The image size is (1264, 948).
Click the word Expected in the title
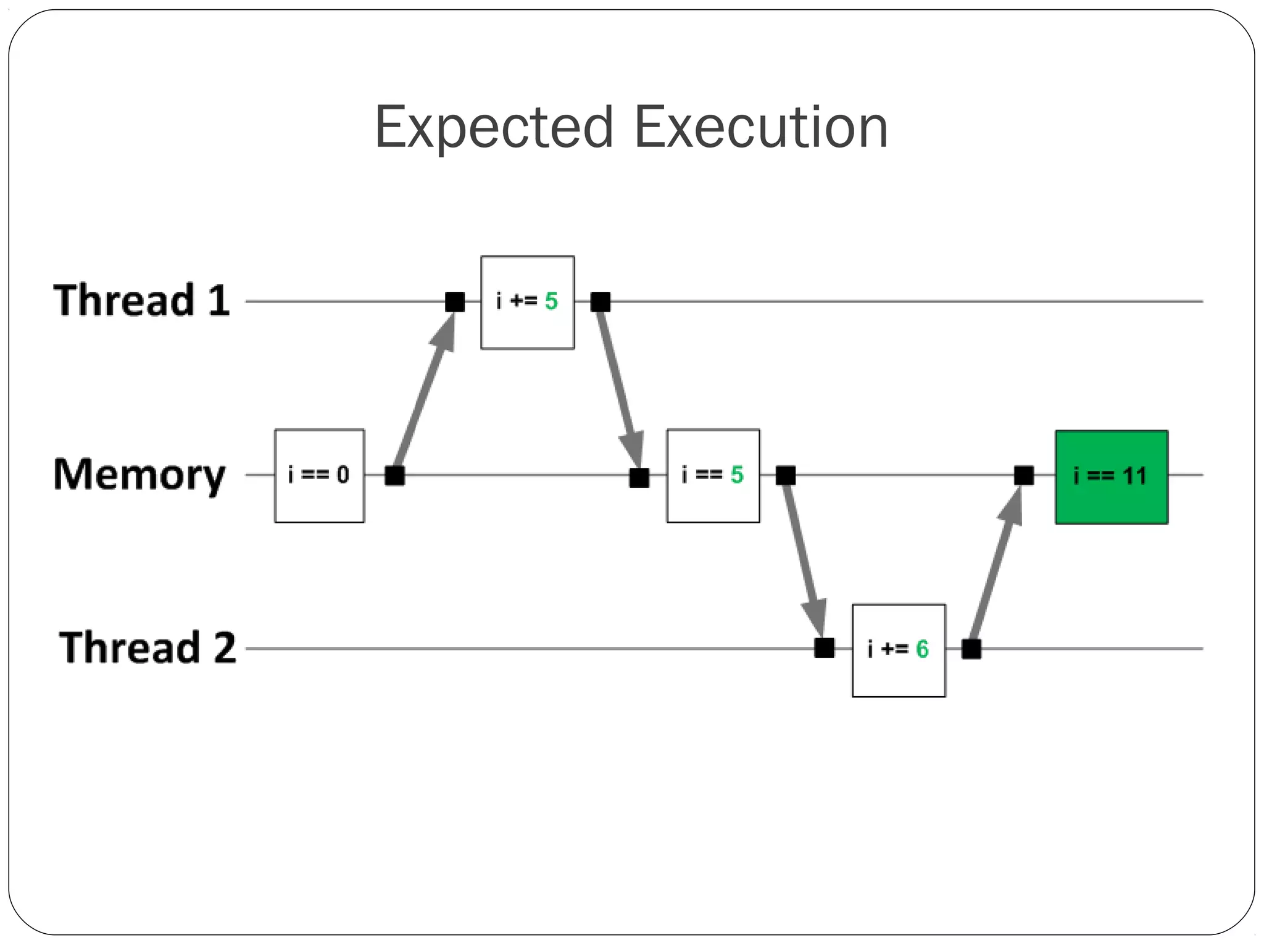494,128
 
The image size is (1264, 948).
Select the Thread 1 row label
141,301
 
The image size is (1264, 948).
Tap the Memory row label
139,475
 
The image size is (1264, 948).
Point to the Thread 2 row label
148,648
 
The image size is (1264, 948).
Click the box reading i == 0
319,476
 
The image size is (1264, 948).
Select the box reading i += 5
527,302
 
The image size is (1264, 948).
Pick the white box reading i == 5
713,476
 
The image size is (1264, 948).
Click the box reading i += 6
899,651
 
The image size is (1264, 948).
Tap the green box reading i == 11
1111,477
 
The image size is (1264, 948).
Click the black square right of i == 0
394,476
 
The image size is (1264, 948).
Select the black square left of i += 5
455,302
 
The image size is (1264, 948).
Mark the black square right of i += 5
600,302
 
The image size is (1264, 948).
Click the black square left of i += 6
824,649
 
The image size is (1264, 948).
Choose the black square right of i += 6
971,649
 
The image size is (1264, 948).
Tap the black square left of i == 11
1023,475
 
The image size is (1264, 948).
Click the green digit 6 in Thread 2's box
922,649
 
